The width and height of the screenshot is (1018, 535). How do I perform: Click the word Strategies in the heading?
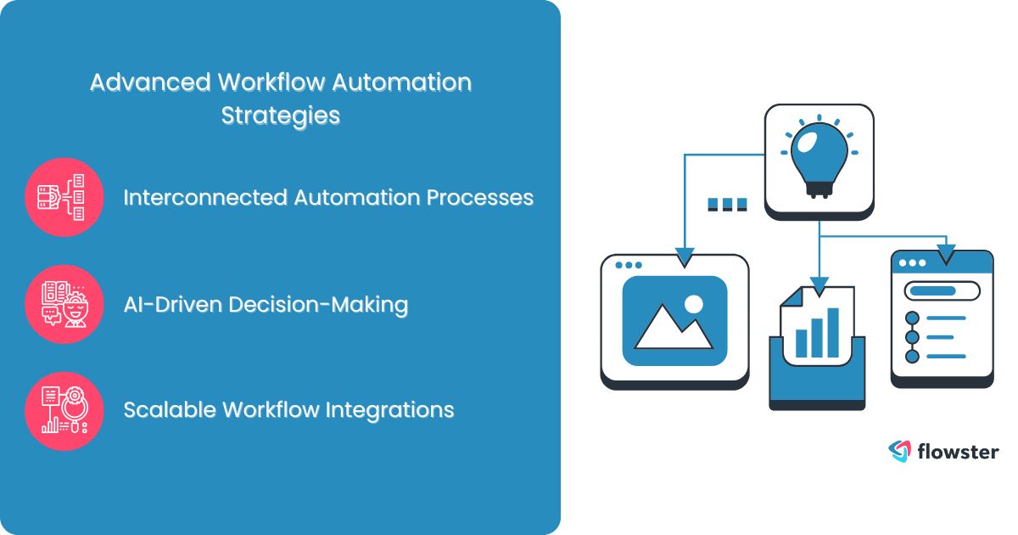click(281, 115)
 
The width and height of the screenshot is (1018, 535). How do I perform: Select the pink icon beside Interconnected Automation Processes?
click(64, 197)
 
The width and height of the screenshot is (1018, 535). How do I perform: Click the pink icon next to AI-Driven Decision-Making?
click(64, 304)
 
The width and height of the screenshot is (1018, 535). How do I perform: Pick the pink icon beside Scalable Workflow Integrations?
click(64, 410)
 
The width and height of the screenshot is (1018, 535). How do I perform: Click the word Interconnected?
click(204, 197)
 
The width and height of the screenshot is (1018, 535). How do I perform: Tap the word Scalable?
click(169, 410)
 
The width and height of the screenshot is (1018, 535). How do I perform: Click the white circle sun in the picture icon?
click(694, 303)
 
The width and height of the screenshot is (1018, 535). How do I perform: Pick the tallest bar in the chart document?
click(833, 332)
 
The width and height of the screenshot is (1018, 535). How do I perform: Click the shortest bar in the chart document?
click(801, 343)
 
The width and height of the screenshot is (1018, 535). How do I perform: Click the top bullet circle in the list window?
click(913, 318)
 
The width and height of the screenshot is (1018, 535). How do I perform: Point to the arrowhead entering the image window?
click(685, 256)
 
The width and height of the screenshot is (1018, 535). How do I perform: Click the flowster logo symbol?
click(898, 451)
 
